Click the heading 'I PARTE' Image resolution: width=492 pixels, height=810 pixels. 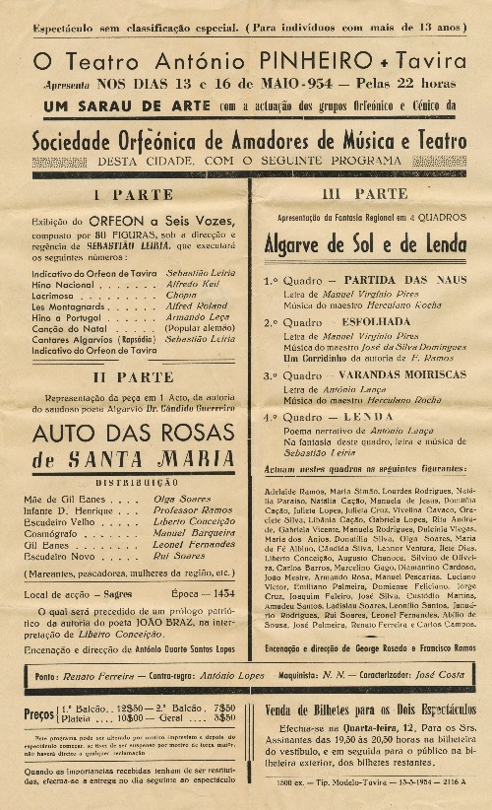(132, 194)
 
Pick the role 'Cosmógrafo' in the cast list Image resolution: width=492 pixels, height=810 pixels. (58, 532)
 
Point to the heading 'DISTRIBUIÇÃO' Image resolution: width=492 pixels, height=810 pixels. (131, 482)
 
